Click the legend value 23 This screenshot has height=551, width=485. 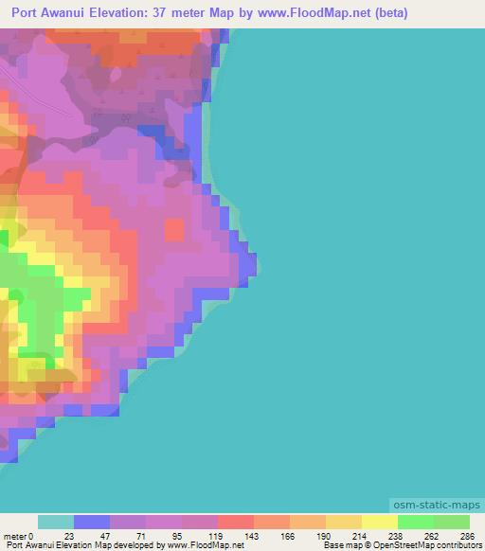coord(69,535)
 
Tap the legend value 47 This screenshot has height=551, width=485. coord(105,535)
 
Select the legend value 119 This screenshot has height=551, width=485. coord(215,535)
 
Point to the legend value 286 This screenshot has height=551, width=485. coord(467,535)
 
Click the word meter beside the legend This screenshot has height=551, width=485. coord(13,535)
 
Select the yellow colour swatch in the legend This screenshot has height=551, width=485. coord(379,522)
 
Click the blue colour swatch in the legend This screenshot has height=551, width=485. coord(92,522)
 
